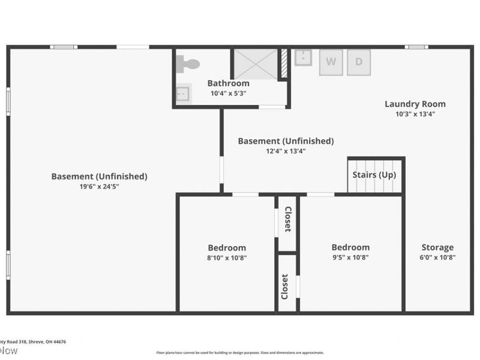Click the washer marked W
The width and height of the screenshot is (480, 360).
coord(330,62)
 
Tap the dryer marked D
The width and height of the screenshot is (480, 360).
coord(359,62)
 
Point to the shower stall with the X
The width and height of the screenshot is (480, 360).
coord(255,63)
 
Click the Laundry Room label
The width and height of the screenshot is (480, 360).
coord(415,104)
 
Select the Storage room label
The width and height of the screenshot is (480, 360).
coord(437,247)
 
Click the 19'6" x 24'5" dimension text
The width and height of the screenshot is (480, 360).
coord(99,187)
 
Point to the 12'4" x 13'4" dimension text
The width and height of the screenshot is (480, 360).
coord(286,151)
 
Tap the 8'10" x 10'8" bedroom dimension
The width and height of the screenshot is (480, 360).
coord(227,257)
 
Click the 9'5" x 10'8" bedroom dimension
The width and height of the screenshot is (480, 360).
coord(350,257)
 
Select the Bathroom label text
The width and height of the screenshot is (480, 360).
coord(229,83)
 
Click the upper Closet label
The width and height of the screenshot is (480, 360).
coord(287,220)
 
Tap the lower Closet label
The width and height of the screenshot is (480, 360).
coord(285,287)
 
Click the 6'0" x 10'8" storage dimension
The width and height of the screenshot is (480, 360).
coord(437,257)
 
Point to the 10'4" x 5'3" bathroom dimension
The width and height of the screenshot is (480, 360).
coord(229,94)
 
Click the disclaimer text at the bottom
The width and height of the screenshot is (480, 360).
coord(240,353)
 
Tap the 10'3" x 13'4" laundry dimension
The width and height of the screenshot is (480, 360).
coord(415,114)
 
